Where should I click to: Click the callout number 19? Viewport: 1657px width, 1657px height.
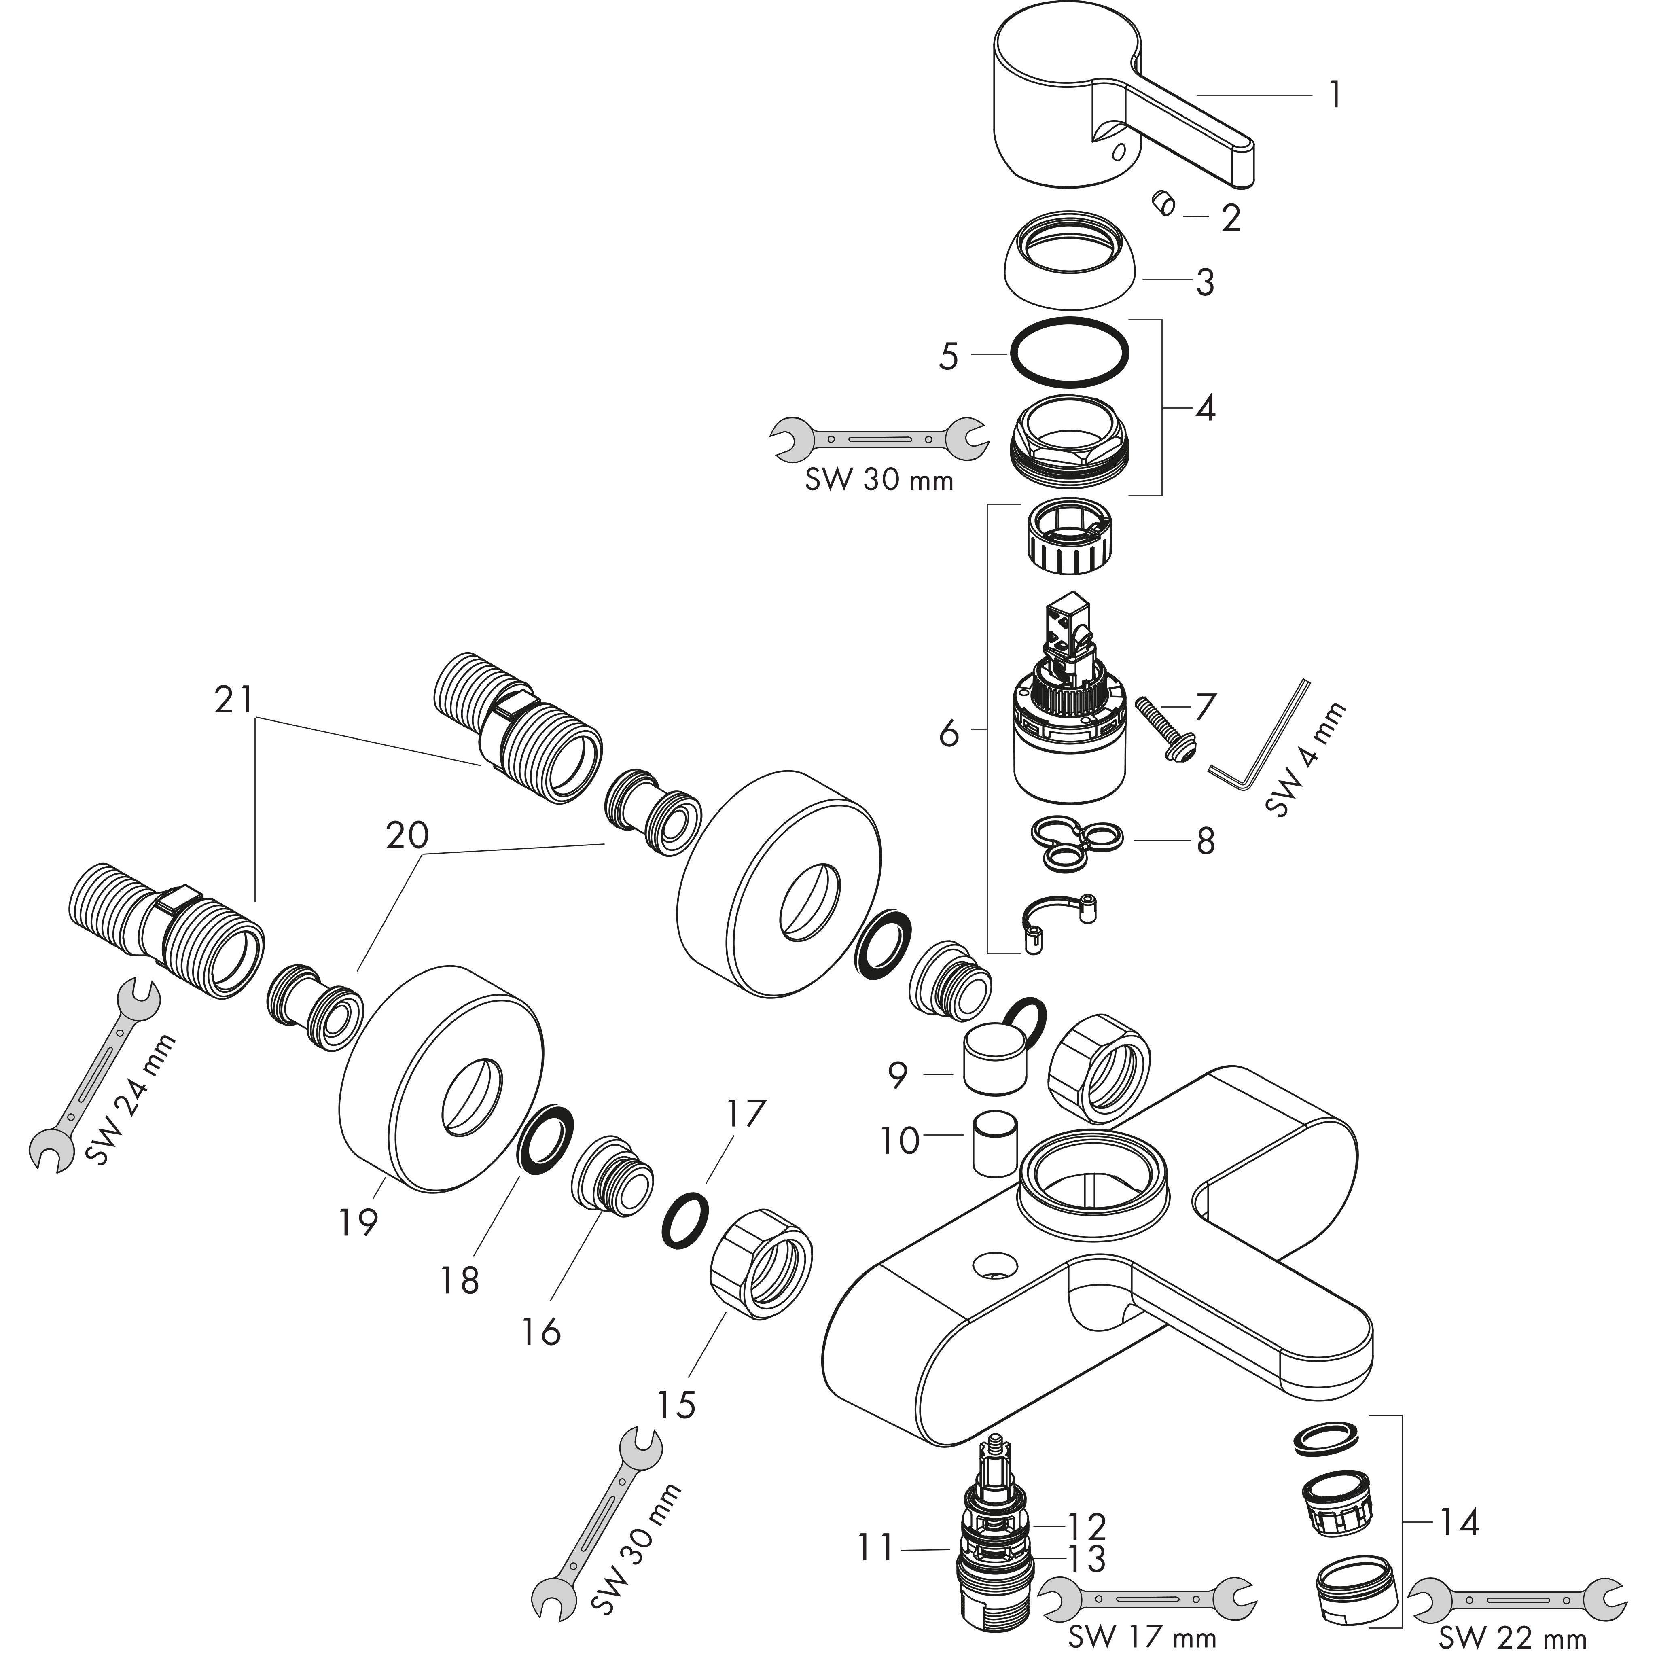coord(358,1221)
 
